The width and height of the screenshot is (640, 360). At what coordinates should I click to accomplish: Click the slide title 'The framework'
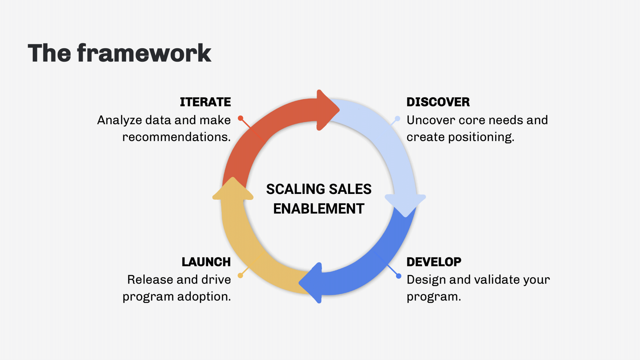click(119, 53)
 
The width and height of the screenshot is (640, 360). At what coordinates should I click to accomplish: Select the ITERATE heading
click(205, 102)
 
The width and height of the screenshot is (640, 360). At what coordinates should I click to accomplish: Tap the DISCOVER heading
click(438, 102)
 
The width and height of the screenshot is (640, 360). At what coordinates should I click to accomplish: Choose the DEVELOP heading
click(434, 262)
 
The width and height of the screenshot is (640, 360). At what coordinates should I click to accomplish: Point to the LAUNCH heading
click(206, 262)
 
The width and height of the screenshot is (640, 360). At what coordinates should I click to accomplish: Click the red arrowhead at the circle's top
click(326, 110)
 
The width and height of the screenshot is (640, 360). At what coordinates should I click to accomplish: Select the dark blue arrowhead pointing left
click(312, 283)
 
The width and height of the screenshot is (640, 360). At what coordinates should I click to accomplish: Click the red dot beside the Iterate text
click(241, 118)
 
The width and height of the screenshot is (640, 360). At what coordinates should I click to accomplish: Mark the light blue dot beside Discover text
click(397, 119)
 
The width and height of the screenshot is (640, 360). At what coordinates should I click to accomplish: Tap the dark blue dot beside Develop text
click(398, 276)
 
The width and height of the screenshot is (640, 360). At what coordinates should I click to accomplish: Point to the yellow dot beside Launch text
click(240, 276)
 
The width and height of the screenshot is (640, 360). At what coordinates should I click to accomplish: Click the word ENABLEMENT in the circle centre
click(319, 209)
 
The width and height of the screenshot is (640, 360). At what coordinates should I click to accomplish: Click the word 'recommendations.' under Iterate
click(176, 137)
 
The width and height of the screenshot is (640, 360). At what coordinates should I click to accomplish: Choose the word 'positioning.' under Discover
click(481, 137)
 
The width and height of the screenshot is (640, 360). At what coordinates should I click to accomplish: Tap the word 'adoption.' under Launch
click(204, 297)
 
